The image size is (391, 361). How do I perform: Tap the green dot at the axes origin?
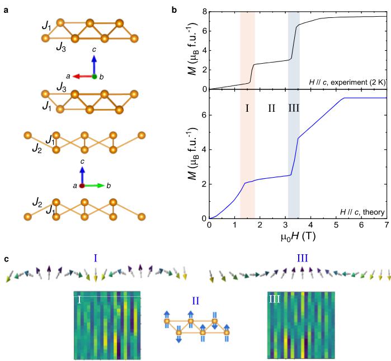(x=95, y=76)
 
